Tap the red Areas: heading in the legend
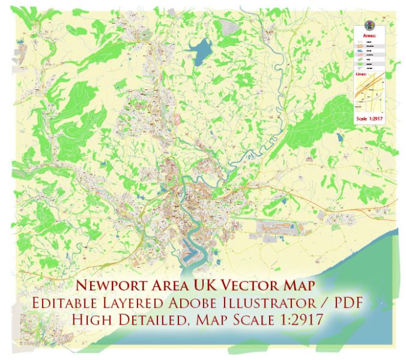coord(369,37)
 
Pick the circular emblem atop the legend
coord(369,27)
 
